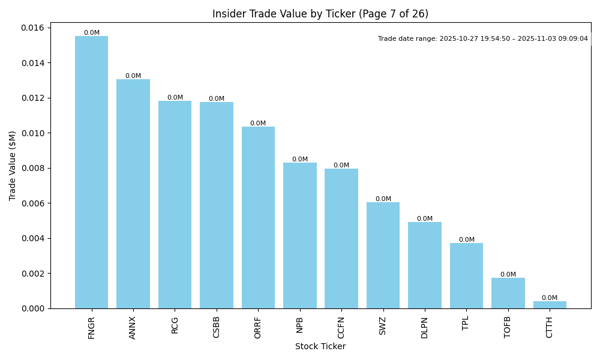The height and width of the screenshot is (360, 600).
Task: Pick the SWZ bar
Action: (x=383, y=255)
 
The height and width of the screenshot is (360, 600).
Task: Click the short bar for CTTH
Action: (x=550, y=305)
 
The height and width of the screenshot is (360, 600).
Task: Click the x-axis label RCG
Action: (x=175, y=325)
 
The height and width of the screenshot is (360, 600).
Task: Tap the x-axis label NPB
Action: (x=299, y=325)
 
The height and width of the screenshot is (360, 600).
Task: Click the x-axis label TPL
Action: (x=466, y=323)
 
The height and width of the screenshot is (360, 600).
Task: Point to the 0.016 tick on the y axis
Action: (x=32, y=28)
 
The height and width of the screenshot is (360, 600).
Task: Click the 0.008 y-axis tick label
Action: (x=32, y=169)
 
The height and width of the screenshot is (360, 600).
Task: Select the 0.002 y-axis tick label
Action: (x=32, y=274)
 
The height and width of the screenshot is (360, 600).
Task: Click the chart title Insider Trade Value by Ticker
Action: (x=320, y=14)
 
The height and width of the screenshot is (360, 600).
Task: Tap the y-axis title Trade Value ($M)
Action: (x=13, y=166)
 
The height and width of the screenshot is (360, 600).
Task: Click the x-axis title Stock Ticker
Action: (x=320, y=346)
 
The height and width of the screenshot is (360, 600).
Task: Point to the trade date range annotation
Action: (x=482, y=39)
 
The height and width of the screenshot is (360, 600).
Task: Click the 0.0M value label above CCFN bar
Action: (x=341, y=166)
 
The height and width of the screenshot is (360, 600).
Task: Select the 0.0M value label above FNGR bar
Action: (x=92, y=33)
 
